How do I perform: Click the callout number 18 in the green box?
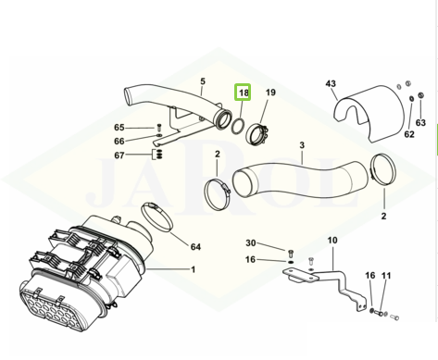(244, 93)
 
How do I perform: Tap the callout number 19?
(270, 93)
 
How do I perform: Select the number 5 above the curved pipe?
(203, 81)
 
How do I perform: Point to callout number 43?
(331, 83)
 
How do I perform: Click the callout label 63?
(420, 122)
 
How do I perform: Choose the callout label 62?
(409, 134)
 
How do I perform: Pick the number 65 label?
(119, 128)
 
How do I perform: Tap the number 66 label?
(119, 142)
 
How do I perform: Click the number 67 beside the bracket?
(119, 155)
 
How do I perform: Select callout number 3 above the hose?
(302, 145)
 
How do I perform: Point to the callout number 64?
(195, 247)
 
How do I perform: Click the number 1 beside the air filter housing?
(194, 269)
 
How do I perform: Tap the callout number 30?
(251, 243)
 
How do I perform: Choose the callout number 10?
(332, 240)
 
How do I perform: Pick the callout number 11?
(386, 276)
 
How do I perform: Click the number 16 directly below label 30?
(251, 259)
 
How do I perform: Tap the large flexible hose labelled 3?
(299, 180)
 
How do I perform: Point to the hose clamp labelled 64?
(156, 217)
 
